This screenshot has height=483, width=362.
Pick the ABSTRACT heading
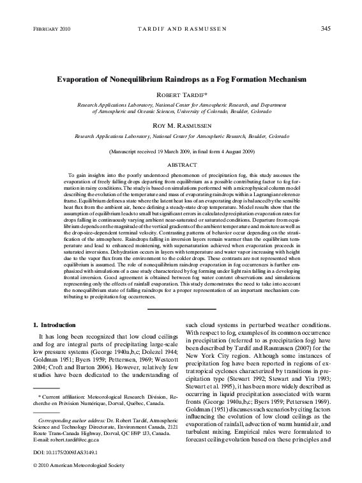(181, 164)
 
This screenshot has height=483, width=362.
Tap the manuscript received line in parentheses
(181, 151)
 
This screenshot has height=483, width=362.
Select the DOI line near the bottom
(62, 456)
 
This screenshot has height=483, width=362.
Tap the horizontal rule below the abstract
(181, 310)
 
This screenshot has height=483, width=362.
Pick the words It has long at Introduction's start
(57, 336)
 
